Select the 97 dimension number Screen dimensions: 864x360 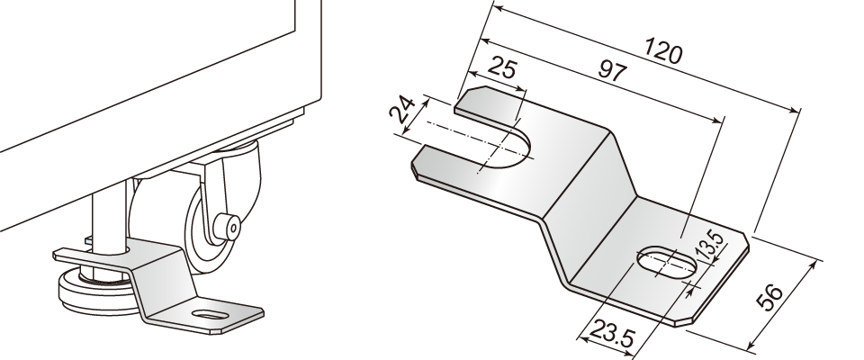pos(611,70)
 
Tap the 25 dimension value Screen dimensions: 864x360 pos(502,67)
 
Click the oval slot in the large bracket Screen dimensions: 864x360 pos(667,261)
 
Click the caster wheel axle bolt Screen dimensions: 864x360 pos(227,226)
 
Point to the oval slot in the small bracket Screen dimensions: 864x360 pos(210,316)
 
